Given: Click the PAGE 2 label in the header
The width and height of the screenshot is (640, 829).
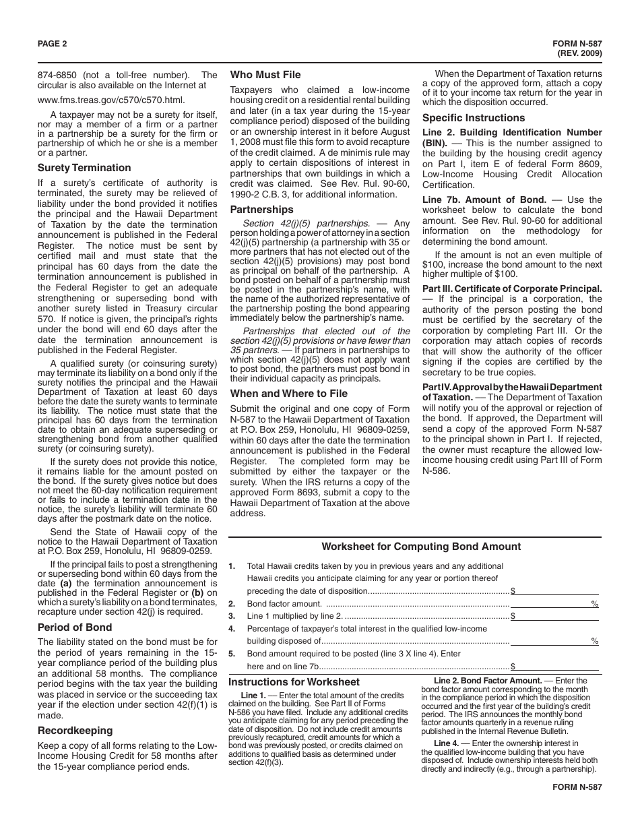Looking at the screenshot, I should pos(53,44).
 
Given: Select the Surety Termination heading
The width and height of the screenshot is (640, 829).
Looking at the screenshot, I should pos(84,168).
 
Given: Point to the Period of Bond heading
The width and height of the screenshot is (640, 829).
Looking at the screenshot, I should pos(75,627).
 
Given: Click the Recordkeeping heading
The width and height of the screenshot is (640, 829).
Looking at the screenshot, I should pos(75,730).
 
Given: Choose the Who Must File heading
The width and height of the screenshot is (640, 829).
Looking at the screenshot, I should pos(265,75).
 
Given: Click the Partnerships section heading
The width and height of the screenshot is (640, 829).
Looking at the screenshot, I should pos(262,210).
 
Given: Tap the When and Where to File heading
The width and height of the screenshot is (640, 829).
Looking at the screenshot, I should pos(289,393).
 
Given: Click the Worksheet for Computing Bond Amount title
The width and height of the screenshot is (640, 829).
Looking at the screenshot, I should pos(421,547).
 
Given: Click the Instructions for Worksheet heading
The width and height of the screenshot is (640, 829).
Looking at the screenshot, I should pos(294,681).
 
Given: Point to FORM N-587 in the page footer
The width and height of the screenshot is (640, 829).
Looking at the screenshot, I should pos(577,787).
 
